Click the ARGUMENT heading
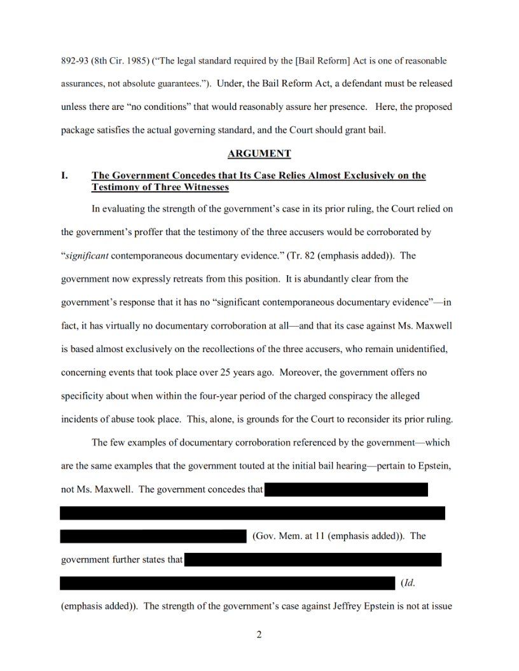[259, 153]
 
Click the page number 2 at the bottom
[259, 634]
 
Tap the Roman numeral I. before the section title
[64, 175]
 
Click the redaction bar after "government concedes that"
[346, 489]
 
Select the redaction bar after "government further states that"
[313, 560]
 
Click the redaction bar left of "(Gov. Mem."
[153, 536]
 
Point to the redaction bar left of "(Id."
[227, 583]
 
